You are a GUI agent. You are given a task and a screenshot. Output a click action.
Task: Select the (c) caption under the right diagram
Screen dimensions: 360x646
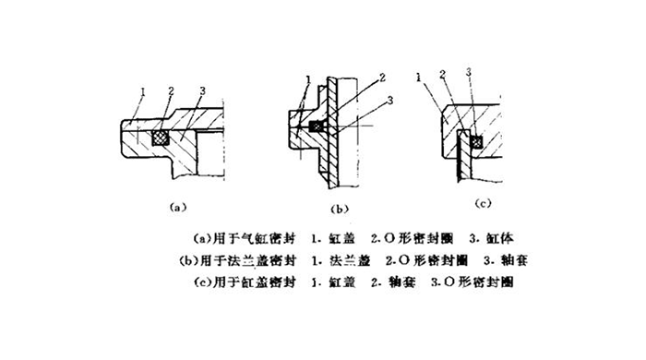(480, 201)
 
